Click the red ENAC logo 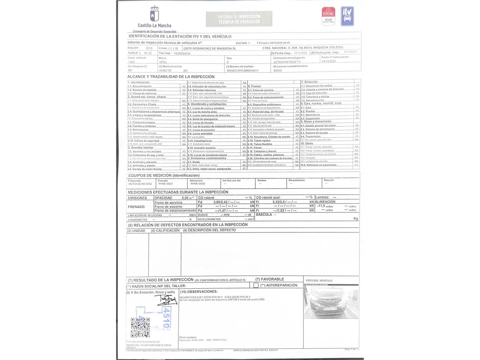(328, 16)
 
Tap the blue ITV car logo (347, 16)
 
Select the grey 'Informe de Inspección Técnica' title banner (239, 19)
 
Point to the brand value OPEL (163, 62)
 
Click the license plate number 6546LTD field (165, 71)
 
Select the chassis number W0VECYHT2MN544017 (243, 71)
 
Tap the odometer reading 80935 (278, 71)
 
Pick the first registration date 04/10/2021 (329, 61)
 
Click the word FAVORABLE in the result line (272, 279)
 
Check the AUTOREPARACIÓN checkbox (256, 285)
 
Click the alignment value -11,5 (321, 206)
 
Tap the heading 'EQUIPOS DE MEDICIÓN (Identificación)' (164, 175)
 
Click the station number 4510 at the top (149, 48)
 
